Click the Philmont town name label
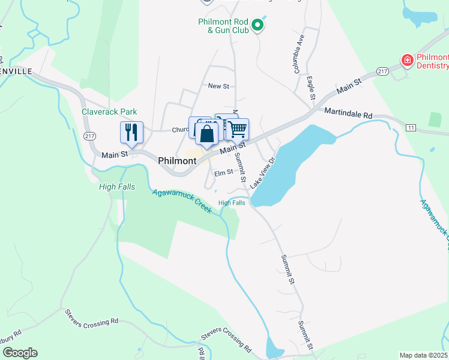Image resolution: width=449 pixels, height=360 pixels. pos(177,161)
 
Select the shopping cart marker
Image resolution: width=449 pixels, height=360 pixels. pos(238,129)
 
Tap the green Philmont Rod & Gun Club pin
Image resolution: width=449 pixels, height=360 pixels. pos(258,25)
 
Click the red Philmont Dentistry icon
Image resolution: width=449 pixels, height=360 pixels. pos(407,61)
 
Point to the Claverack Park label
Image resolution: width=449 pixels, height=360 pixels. pos(110,112)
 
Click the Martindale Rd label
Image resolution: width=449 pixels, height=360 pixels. pos(348,112)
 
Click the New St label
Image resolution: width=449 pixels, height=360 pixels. pos(218,86)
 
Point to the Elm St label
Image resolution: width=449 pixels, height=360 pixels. pos(223,172)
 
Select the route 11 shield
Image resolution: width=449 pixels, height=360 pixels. pos(411,128)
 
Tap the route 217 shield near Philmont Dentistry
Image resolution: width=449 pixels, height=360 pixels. pos(382,72)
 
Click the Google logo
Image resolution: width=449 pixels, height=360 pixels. pos(20,353)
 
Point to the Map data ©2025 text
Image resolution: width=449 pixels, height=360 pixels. pos(423,355)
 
